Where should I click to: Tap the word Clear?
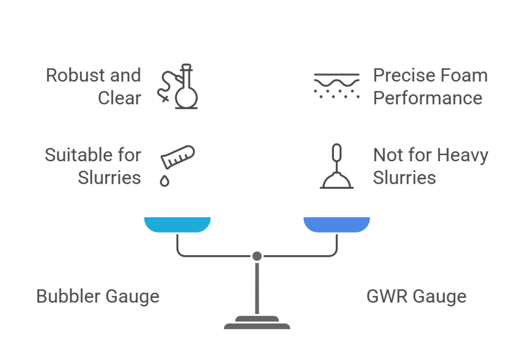[x=120, y=98]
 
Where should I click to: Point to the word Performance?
[x=427, y=98]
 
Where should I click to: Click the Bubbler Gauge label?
[x=98, y=296]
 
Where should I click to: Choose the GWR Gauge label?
[x=416, y=296]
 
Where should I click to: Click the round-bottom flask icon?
[x=185, y=92]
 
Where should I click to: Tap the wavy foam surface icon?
[x=336, y=85]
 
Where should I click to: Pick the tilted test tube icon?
[x=178, y=156]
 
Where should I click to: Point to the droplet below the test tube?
[x=164, y=181]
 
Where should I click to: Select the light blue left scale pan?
[x=177, y=224]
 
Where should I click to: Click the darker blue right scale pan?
[x=336, y=224]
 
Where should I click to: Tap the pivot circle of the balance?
[x=257, y=256]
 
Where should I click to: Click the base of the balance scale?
[x=257, y=325]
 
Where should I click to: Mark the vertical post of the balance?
[x=257, y=288]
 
